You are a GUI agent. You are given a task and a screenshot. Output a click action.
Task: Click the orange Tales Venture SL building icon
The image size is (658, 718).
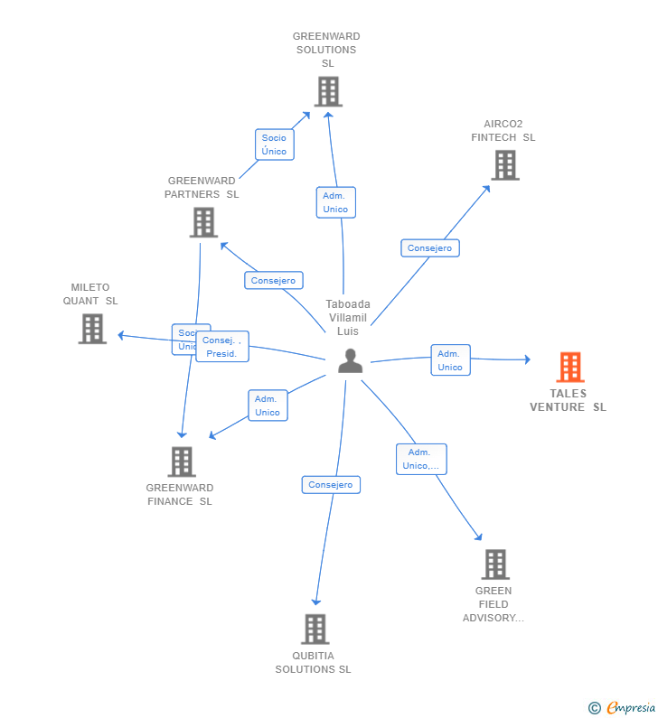(569, 367)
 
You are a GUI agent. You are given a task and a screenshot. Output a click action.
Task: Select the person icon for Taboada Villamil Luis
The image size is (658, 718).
(350, 361)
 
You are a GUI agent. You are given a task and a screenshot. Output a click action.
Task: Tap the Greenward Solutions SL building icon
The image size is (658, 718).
(328, 91)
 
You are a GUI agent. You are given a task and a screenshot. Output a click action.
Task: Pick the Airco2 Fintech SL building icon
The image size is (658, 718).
(504, 165)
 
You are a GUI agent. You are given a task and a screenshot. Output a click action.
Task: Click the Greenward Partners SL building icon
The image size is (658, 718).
(203, 222)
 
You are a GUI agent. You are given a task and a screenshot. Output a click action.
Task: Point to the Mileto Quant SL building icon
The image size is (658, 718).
(92, 329)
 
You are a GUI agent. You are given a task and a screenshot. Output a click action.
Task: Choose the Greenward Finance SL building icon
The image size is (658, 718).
(182, 462)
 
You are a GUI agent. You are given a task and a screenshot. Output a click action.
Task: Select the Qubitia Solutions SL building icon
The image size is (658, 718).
(315, 629)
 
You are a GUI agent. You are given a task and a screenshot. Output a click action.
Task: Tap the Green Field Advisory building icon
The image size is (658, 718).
(495, 564)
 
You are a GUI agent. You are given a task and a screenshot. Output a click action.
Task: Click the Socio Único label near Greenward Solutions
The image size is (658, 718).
(274, 145)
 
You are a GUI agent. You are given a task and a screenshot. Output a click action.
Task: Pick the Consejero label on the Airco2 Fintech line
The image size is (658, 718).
(430, 247)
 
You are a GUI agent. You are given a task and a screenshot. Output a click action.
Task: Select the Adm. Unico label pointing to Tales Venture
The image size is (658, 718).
(450, 360)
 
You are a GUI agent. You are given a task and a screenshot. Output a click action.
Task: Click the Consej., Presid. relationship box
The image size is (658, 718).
(222, 347)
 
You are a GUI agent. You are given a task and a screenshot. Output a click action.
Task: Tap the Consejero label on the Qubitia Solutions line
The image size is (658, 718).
(331, 485)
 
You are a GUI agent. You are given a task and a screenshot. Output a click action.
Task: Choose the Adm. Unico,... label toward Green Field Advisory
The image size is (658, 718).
(421, 459)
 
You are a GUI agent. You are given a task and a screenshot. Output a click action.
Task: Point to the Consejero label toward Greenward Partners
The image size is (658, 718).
(273, 281)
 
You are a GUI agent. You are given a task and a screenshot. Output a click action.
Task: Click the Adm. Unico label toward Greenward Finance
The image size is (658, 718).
(268, 406)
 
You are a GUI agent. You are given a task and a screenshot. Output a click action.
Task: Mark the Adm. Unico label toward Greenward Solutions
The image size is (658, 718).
(335, 202)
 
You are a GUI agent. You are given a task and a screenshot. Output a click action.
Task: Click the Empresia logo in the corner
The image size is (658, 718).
(623, 708)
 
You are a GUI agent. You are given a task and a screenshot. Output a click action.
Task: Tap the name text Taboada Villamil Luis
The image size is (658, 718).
(348, 318)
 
